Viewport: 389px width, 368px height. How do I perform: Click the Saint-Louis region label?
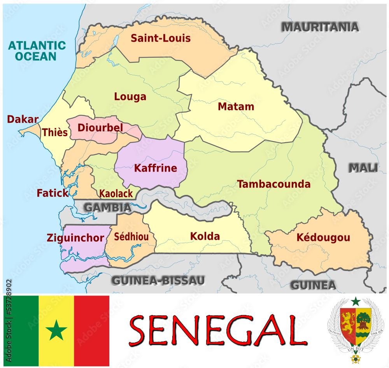[160, 38]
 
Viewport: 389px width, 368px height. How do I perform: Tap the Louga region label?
[130, 97]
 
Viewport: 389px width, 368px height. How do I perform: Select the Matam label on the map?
[236, 106]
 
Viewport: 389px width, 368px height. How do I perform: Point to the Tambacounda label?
[274, 184]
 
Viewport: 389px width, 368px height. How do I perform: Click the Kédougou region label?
[323, 237]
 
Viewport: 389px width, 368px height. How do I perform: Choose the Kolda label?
[205, 236]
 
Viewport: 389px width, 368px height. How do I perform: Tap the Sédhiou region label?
[131, 237]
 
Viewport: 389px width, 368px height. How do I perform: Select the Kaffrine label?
[155, 168]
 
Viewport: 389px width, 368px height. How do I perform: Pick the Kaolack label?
[116, 194]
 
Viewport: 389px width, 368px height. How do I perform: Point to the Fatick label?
[53, 193]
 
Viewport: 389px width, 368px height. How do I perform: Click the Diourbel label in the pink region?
[100, 127]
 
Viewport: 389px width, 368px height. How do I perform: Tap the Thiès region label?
[55, 133]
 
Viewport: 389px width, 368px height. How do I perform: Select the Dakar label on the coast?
[23, 120]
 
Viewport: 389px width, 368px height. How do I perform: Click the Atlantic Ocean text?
[37, 51]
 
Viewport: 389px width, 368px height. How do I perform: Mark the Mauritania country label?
[320, 27]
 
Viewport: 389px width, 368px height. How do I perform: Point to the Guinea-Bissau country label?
[158, 280]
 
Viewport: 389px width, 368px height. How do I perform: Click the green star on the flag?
[56, 331]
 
